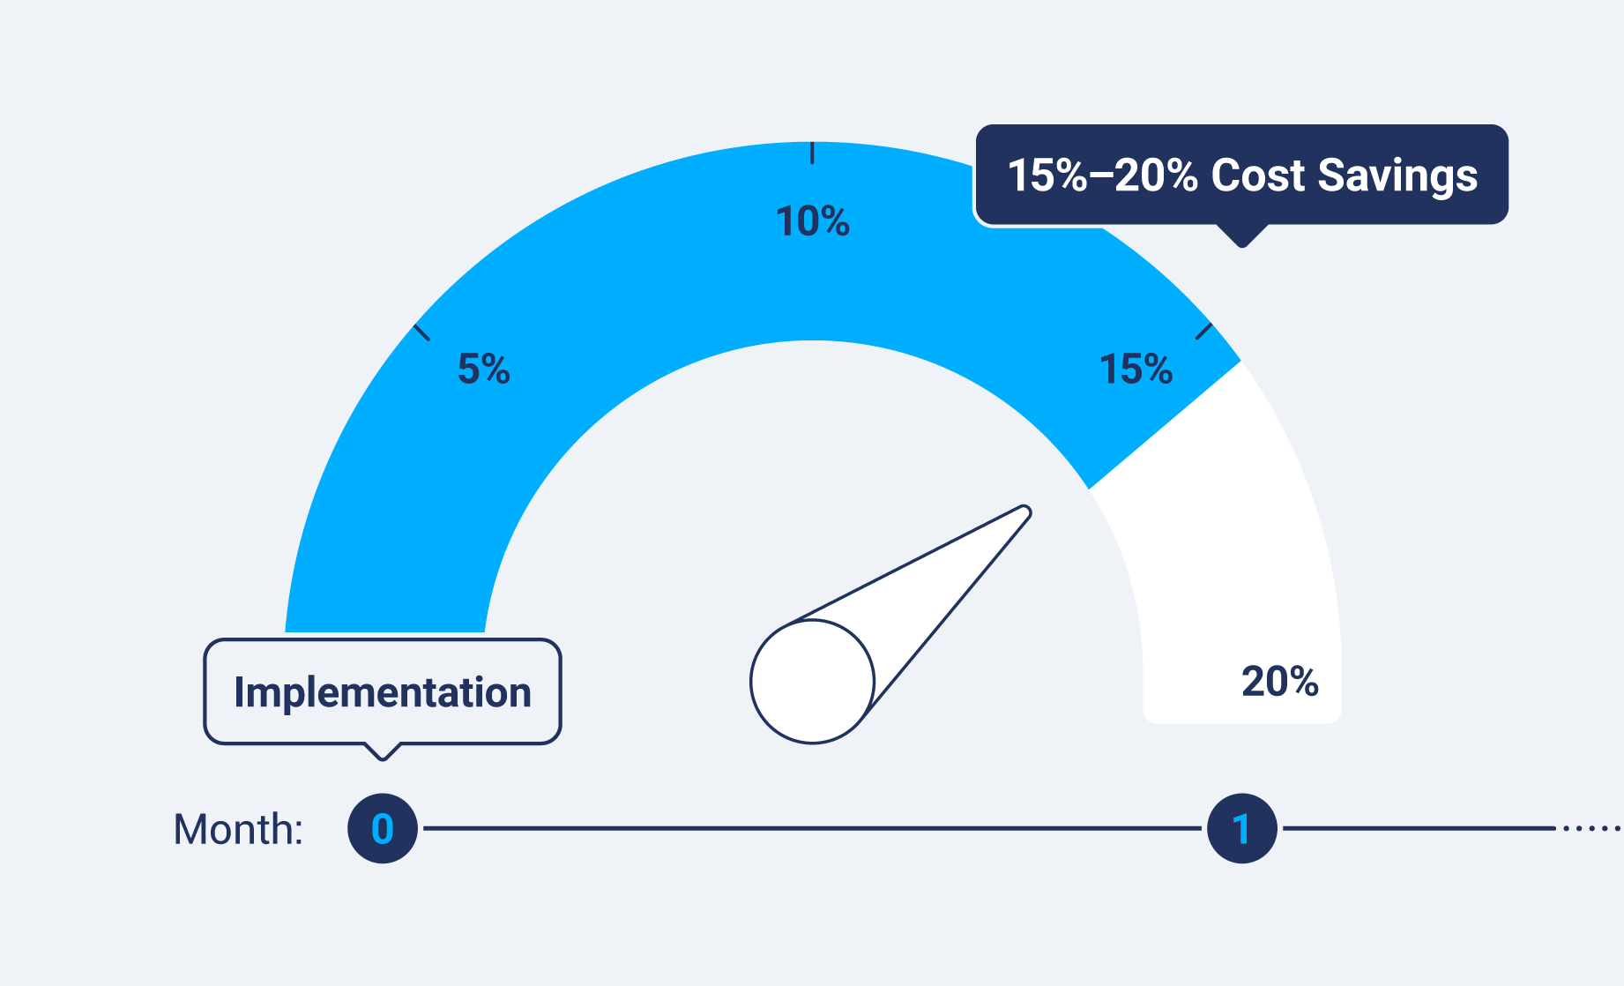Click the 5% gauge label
[x=483, y=369]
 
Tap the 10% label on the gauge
[x=812, y=221]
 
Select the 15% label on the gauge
[x=1136, y=369]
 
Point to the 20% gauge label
[x=1279, y=682]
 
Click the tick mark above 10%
[x=812, y=153]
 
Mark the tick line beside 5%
[x=422, y=332]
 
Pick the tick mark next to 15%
[x=1203, y=332]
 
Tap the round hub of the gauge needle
[x=812, y=682]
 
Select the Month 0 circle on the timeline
[x=382, y=829]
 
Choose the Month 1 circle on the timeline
[x=1241, y=829]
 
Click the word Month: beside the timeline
[x=238, y=830]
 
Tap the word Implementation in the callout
[x=383, y=692]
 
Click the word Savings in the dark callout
[x=1397, y=176]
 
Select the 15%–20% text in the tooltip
[x=1102, y=176]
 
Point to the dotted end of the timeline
[x=1591, y=829]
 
